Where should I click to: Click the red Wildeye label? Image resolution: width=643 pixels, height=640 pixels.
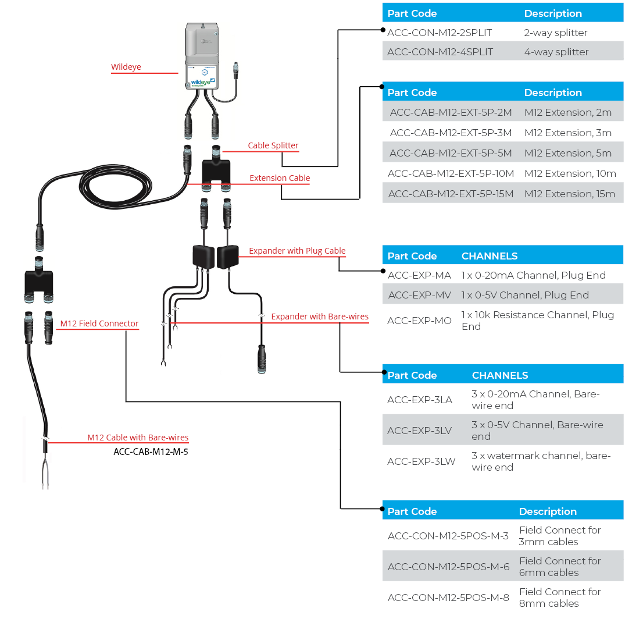click(x=126, y=67)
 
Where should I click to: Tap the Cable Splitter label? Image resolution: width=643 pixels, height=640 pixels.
click(x=273, y=145)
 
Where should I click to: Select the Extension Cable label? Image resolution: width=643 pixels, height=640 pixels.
click(x=280, y=178)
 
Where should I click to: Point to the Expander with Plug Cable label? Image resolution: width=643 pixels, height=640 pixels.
click(x=297, y=251)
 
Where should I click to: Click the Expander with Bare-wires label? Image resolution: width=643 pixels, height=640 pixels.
click(x=320, y=317)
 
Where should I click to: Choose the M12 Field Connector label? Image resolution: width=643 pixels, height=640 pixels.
click(x=99, y=323)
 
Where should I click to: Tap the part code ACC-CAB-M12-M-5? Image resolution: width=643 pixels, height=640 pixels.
click(x=151, y=451)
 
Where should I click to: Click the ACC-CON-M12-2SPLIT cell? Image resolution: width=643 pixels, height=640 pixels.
click(x=440, y=33)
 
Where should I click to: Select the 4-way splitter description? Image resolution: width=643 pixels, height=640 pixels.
click(x=556, y=52)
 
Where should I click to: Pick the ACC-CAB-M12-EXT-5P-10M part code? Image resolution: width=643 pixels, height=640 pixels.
click(x=451, y=173)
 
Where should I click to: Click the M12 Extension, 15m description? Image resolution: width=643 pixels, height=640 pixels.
click(x=569, y=194)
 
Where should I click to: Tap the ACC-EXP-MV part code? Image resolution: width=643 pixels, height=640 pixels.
click(x=419, y=295)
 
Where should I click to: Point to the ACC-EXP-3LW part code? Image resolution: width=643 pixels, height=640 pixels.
click(x=421, y=461)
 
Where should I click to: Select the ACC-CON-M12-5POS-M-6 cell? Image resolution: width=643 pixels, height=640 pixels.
click(x=448, y=567)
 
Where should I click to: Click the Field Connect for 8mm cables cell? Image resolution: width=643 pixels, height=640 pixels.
click(x=559, y=598)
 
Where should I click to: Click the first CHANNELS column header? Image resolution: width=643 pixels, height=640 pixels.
click(x=489, y=256)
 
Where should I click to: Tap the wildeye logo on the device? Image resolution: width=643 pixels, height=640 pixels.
click(x=201, y=82)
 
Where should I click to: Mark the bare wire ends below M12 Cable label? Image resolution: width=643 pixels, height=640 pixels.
click(x=45, y=474)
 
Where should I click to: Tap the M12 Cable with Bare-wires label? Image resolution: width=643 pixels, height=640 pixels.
click(x=138, y=438)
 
